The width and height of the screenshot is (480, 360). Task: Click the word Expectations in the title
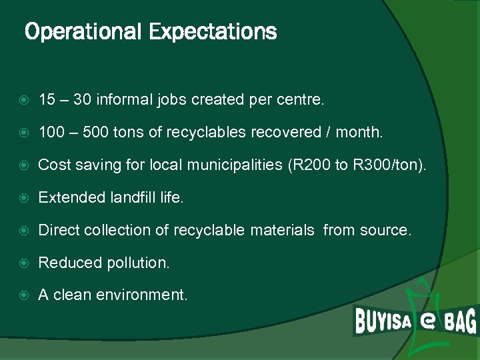tap(213, 31)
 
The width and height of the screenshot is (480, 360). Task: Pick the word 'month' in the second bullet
tap(359, 133)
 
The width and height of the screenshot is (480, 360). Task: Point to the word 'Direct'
tap(58, 230)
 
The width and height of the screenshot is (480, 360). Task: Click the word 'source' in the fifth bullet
tap(385, 230)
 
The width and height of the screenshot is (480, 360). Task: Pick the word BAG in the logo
tap(460, 321)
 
